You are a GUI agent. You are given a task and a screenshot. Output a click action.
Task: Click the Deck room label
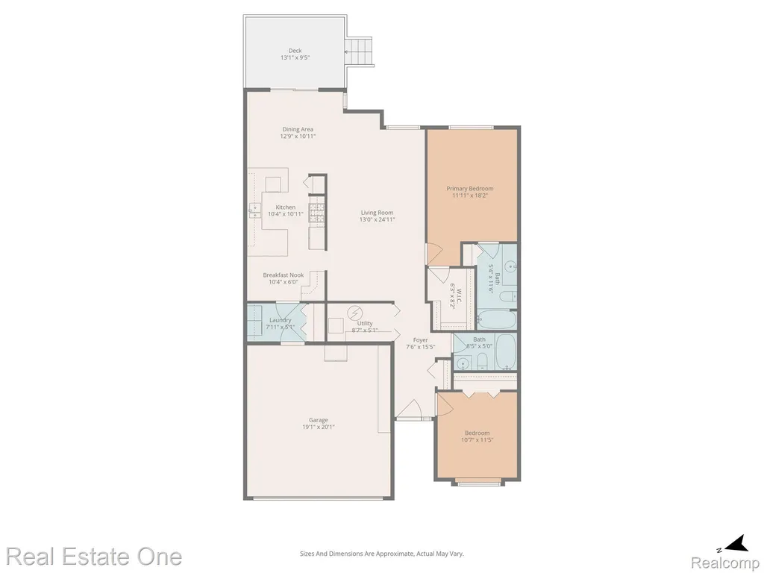pyautogui.click(x=295, y=50)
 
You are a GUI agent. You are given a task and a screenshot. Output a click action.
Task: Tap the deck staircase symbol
pyautogui.click(x=359, y=51)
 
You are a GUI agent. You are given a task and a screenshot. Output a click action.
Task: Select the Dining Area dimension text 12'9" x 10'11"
pyautogui.click(x=298, y=137)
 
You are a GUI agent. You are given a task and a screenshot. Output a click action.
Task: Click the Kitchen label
pyautogui.click(x=286, y=207)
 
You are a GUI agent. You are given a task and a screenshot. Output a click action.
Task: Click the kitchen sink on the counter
pyautogui.click(x=254, y=210)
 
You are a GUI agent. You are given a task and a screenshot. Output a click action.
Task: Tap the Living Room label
pyautogui.click(x=377, y=213)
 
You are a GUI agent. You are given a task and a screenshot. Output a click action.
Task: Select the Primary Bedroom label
pyautogui.click(x=470, y=189)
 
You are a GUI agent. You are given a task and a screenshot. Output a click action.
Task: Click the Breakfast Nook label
pyautogui.click(x=283, y=275)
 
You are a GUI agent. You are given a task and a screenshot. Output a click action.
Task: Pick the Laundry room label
pyautogui.click(x=281, y=320)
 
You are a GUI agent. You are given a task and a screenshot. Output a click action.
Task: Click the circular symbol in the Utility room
pyautogui.click(x=354, y=312)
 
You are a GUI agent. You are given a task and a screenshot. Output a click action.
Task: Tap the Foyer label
pyautogui.click(x=421, y=340)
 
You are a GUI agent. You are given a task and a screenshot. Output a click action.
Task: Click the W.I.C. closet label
pyautogui.click(x=459, y=290)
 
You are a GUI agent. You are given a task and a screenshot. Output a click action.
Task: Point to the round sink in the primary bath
pyautogui.click(x=510, y=266)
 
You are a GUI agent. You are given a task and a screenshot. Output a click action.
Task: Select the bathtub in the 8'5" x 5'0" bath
pyautogui.click(x=506, y=352)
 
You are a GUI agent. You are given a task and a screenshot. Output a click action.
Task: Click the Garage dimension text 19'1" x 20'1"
pyautogui.click(x=318, y=427)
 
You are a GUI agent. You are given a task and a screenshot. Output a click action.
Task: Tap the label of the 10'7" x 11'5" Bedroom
pyautogui.click(x=477, y=433)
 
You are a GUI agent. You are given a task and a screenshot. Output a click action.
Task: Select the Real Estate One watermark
pyautogui.click(x=94, y=557)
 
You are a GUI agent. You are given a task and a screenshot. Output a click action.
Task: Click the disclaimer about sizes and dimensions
pyautogui.click(x=381, y=554)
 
